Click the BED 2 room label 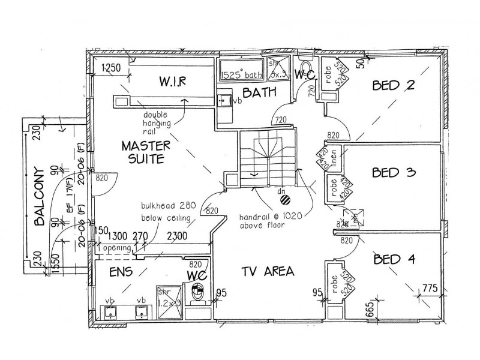click(x=393, y=86)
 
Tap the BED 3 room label click(x=394, y=173)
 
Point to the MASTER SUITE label click(x=146, y=152)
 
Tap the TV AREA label click(x=268, y=271)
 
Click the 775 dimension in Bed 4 click(x=429, y=289)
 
